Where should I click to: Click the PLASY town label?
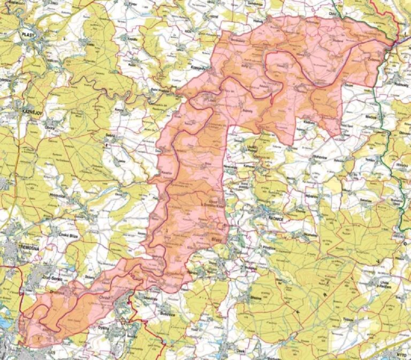click(x=28, y=34)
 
